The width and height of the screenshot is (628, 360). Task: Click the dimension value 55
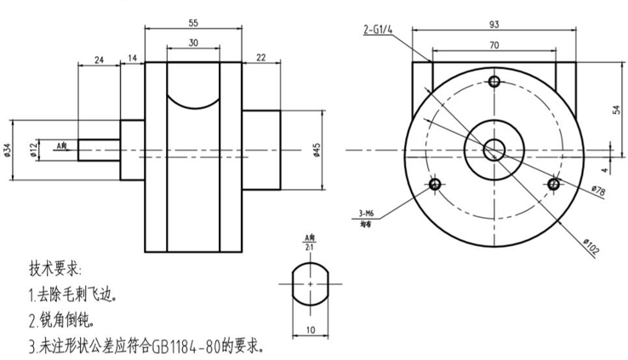click(x=194, y=23)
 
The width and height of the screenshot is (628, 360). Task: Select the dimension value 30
click(x=194, y=42)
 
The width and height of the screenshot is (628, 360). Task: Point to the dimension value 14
click(x=132, y=60)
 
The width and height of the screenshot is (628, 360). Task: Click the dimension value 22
click(x=260, y=57)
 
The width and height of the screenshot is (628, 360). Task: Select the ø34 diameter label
click(x=8, y=150)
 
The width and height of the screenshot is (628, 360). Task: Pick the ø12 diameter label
click(x=32, y=150)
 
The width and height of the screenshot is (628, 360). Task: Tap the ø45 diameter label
click(x=317, y=150)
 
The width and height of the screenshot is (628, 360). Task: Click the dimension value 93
click(x=494, y=23)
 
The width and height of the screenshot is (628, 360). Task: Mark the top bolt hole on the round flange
click(x=495, y=82)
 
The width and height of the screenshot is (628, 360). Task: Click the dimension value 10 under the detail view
click(x=311, y=330)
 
